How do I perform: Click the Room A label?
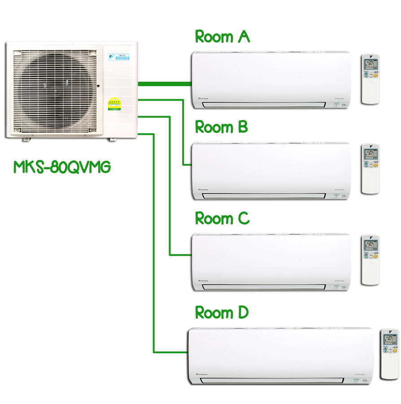(x=222, y=37)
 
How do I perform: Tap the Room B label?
(x=223, y=127)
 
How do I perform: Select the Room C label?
(x=224, y=219)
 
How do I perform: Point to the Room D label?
(x=223, y=312)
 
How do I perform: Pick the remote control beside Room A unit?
(x=370, y=80)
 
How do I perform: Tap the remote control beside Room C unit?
(x=370, y=260)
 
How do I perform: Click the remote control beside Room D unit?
(x=389, y=355)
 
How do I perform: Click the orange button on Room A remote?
(x=376, y=76)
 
